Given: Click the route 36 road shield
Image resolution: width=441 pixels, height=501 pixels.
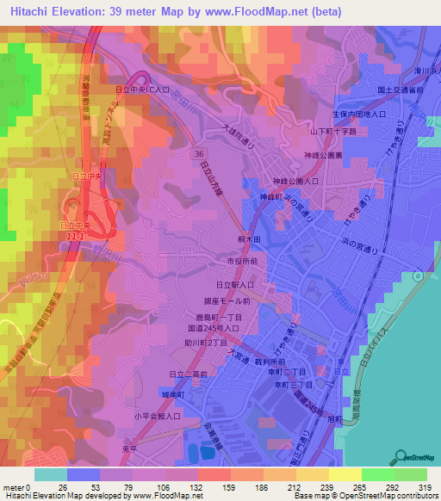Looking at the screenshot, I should pyautogui.click(x=199, y=151).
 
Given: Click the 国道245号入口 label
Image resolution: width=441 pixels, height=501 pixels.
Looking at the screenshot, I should pyautogui.click(x=221, y=328).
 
